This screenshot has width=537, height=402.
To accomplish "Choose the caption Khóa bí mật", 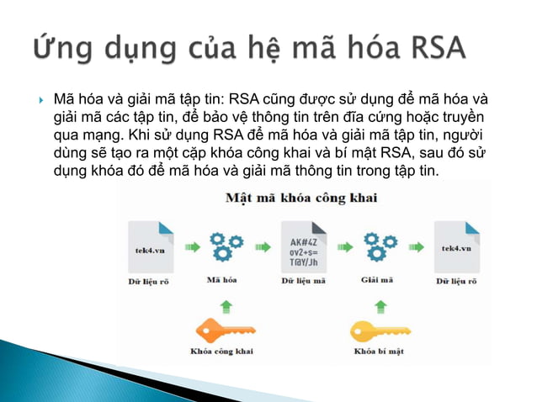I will coord(380,351).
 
